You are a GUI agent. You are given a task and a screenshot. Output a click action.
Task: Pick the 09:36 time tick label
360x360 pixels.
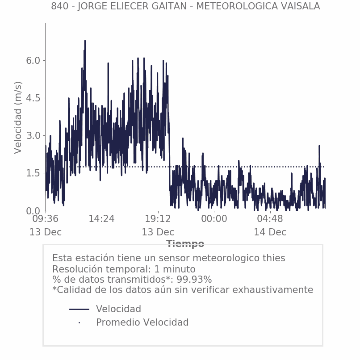(46, 219)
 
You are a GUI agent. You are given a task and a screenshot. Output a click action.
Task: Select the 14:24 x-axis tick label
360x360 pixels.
(102, 219)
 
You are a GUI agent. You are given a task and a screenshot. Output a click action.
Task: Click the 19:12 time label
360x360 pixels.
(158, 219)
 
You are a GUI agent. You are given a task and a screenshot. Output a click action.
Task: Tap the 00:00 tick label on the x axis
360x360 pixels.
(214, 219)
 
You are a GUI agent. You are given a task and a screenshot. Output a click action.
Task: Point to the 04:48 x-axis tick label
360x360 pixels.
(270, 219)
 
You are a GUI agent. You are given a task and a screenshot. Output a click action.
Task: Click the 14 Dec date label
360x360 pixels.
(270, 232)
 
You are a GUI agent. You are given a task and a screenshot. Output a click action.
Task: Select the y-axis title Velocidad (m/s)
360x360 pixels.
(18, 117)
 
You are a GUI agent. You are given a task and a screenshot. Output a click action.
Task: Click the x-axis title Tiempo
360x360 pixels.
(185, 244)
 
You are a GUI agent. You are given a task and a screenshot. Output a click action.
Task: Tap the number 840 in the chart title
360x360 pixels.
(59, 6)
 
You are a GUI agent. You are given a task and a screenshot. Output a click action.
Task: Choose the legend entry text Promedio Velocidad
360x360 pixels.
(142, 322)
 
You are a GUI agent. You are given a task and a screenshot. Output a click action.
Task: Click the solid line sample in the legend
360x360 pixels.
(80, 309)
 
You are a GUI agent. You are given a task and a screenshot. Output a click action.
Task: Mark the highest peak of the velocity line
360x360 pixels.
(85, 41)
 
